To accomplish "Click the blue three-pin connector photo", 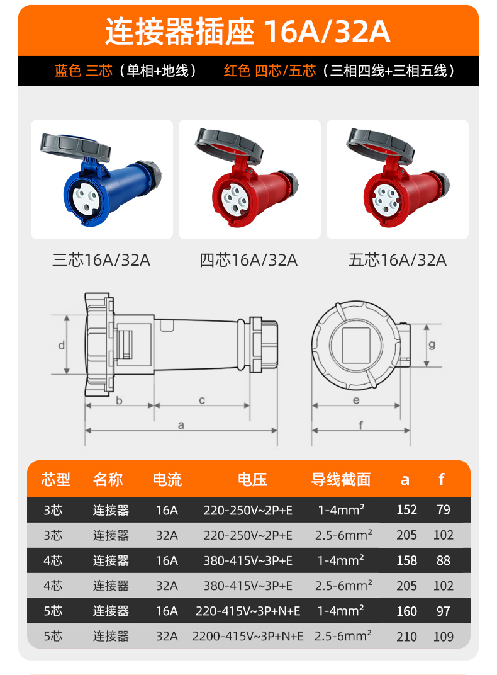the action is pyautogui.click(x=101, y=179).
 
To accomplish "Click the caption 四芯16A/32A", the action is pyautogui.click(x=248, y=261).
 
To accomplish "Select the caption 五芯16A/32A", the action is pyautogui.click(x=398, y=261).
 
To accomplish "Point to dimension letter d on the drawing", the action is pyautogui.click(x=62, y=345).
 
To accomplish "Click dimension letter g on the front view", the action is pyautogui.click(x=432, y=345).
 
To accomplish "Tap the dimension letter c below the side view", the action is pyautogui.click(x=202, y=400).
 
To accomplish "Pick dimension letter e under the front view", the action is pyautogui.click(x=356, y=400).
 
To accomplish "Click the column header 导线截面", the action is pyautogui.click(x=341, y=480).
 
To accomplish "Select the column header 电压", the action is pyautogui.click(x=252, y=480).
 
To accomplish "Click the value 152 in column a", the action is pyautogui.click(x=406, y=509).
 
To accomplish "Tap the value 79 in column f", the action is pyautogui.click(x=444, y=509).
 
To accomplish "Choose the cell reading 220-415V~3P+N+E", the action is pyautogui.click(x=248, y=611).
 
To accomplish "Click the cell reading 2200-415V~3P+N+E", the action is pyautogui.click(x=248, y=636).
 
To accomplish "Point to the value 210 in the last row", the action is pyautogui.click(x=406, y=636).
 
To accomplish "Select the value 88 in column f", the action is pyautogui.click(x=444, y=560).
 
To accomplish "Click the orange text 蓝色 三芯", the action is pyautogui.click(x=84, y=71).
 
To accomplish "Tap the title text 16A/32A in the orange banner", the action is pyautogui.click(x=327, y=31).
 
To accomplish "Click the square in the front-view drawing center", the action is pyautogui.click(x=356, y=345).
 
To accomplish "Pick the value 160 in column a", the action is pyautogui.click(x=406, y=611).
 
